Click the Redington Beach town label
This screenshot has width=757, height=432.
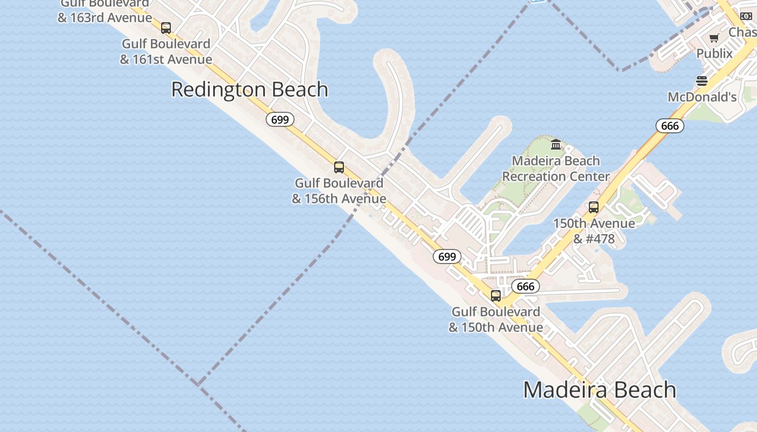(249, 90)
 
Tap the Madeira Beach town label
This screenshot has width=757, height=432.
(600, 390)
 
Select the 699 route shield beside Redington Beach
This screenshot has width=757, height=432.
(280, 119)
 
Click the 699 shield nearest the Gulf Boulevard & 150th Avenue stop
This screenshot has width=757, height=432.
(447, 256)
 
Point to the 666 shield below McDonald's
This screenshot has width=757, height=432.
(670, 126)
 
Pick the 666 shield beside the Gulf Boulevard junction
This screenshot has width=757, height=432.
(526, 286)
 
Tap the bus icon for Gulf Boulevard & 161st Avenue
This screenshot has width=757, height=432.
(166, 28)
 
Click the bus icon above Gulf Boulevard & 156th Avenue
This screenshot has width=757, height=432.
(339, 167)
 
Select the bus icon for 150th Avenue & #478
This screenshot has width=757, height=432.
(594, 207)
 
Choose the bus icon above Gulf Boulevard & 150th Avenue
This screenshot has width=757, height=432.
(496, 295)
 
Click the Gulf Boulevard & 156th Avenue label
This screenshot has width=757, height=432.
(339, 191)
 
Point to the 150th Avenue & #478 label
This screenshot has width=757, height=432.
(594, 231)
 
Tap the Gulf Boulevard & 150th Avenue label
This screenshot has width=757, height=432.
(496, 320)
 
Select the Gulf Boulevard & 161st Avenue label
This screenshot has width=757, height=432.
(166, 51)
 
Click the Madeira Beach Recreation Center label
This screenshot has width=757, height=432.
(556, 168)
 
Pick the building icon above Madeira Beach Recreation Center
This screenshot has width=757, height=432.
(556, 144)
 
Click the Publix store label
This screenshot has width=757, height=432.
(714, 53)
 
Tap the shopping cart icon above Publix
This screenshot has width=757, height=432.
(714, 38)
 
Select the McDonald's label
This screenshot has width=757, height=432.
(702, 97)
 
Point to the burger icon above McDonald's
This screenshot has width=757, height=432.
(702, 81)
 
